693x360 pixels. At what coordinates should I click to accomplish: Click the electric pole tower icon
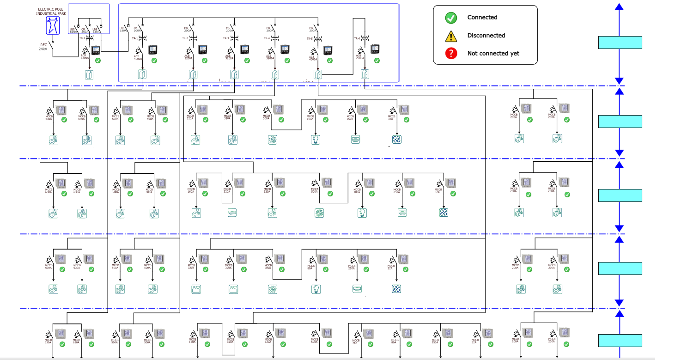pos(53,26)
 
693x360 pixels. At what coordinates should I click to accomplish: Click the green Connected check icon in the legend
pos(451,18)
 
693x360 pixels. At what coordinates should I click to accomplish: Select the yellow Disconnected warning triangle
pos(451,36)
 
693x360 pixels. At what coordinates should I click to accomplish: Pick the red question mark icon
pos(451,53)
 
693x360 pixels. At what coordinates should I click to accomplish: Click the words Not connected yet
pos(493,53)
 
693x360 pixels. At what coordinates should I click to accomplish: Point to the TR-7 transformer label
pos(82,38)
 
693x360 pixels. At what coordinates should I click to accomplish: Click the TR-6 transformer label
pos(357,38)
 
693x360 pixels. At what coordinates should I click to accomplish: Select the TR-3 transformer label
pos(226,38)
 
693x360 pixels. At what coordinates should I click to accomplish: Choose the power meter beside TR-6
pos(375,49)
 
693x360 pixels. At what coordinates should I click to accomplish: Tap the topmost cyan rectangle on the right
pos(620,43)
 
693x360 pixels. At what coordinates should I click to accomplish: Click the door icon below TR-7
pos(89,74)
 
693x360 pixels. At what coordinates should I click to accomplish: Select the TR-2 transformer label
pos(185,38)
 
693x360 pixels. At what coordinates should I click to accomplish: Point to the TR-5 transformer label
pos(309,38)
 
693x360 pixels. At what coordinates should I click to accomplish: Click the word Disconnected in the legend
pos(486,36)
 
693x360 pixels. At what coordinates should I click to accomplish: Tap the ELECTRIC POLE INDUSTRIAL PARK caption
pos(52,11)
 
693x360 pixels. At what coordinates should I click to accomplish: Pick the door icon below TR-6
pos(365,74)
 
